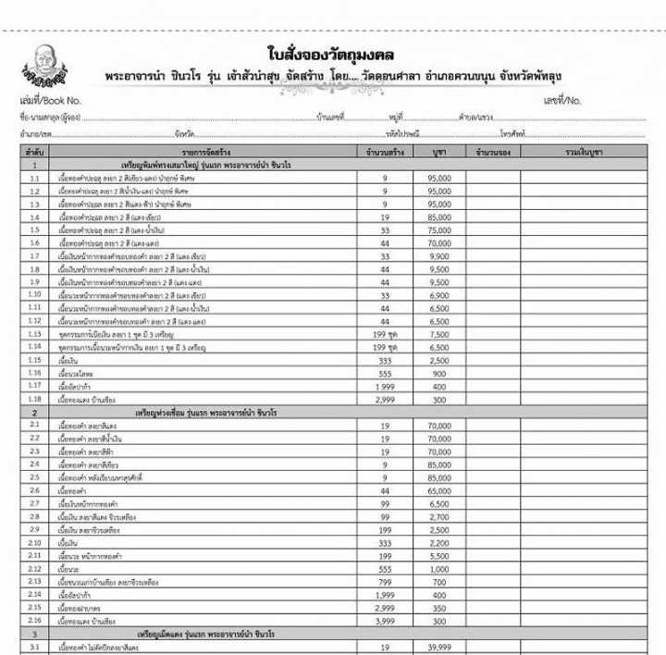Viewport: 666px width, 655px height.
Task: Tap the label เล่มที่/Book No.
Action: pyautogui.click(x=51, y=99)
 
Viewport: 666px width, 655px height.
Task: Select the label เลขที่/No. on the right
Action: pyautogui.click(x=561, y=99)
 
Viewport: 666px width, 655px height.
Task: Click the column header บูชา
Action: pyautogui.click(x=439, y=150)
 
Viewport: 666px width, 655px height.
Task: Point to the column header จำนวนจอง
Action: pyautogui.click(x=494, y=150)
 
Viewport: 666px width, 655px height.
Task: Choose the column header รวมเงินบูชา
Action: pyautogui.click(x=584, y=150)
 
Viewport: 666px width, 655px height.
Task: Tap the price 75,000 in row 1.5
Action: pyautogui.click(x=439, y=229)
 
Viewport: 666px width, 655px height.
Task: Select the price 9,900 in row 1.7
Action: pyautogui.click(x=439, y=256)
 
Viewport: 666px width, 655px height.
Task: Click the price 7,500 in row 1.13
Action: pyautogui.click(x=439, y=334)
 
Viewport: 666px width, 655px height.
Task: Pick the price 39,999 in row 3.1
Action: pyautogui.click(x=439, y=648)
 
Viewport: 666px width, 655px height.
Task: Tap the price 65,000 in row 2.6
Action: pyautogui.click(x=439, y=490)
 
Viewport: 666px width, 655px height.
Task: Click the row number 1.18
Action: pyautogui.click(x=34, y=399)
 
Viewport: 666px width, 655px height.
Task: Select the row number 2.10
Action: pyautogui.click(x=34, y=543)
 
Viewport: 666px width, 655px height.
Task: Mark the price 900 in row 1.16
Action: pyautogui.click(x=439, y=373)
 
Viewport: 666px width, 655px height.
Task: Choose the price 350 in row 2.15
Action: pyautogui.click(x=439, y=608)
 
